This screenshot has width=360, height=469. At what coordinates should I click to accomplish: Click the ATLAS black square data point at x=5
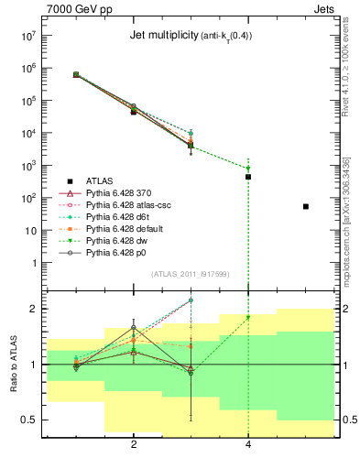pos(306,207)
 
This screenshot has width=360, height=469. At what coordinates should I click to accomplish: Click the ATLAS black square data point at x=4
pos(248,177)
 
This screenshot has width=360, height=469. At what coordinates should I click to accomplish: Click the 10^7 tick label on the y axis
pos(28,37)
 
